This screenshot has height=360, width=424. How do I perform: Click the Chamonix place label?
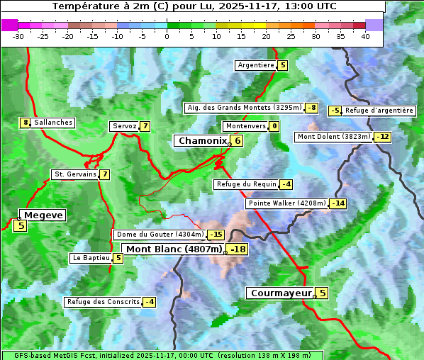(201, 141)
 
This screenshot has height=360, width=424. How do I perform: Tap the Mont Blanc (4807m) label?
(174, 249)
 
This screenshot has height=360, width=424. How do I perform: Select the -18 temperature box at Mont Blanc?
(238, 249)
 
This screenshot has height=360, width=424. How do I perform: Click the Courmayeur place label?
(281, 293)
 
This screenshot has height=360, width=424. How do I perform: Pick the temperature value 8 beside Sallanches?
(26, 123)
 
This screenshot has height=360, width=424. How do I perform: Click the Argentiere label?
(256, 65)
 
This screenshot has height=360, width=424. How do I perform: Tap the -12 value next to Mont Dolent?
(383, 137)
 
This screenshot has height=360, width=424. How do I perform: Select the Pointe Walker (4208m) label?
(286, 203)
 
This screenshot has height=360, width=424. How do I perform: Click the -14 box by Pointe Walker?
(338, 203)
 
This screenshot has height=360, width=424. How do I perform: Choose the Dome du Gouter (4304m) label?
(160, 235)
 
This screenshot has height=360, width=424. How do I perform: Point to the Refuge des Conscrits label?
(103, 302)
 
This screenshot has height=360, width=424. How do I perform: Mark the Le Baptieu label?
(91, 258)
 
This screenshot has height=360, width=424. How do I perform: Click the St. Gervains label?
(74, 174)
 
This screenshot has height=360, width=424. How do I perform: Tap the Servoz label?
(124, 126)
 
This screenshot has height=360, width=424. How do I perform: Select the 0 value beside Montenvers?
(274, 126)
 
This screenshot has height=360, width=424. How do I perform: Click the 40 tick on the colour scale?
(365, 36)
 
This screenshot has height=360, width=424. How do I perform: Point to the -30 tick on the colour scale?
(18, 36)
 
